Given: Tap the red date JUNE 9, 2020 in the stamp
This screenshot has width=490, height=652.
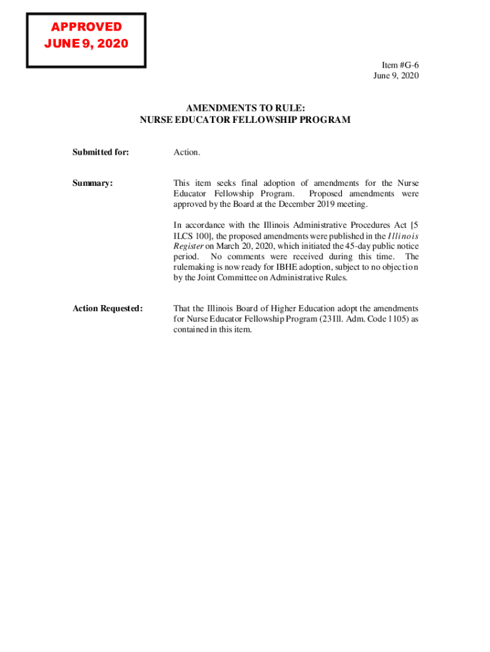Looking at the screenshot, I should (x=86, y=44).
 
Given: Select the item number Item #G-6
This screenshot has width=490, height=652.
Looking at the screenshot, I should (x=400, y=66).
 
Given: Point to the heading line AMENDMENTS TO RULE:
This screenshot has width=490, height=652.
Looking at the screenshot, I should (x=245, y=109).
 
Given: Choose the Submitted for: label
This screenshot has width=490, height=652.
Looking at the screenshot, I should (x=101, y=152).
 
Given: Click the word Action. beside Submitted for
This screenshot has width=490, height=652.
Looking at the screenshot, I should (x=186, y=152).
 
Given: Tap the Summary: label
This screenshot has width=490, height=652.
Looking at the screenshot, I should (x=92, y=183).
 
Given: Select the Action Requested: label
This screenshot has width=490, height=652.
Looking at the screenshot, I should (x=108, y=308).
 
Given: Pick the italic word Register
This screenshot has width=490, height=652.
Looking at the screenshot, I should (x=188, y=245).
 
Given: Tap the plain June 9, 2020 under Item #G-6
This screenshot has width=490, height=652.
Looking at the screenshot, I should (x=396, y=76).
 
